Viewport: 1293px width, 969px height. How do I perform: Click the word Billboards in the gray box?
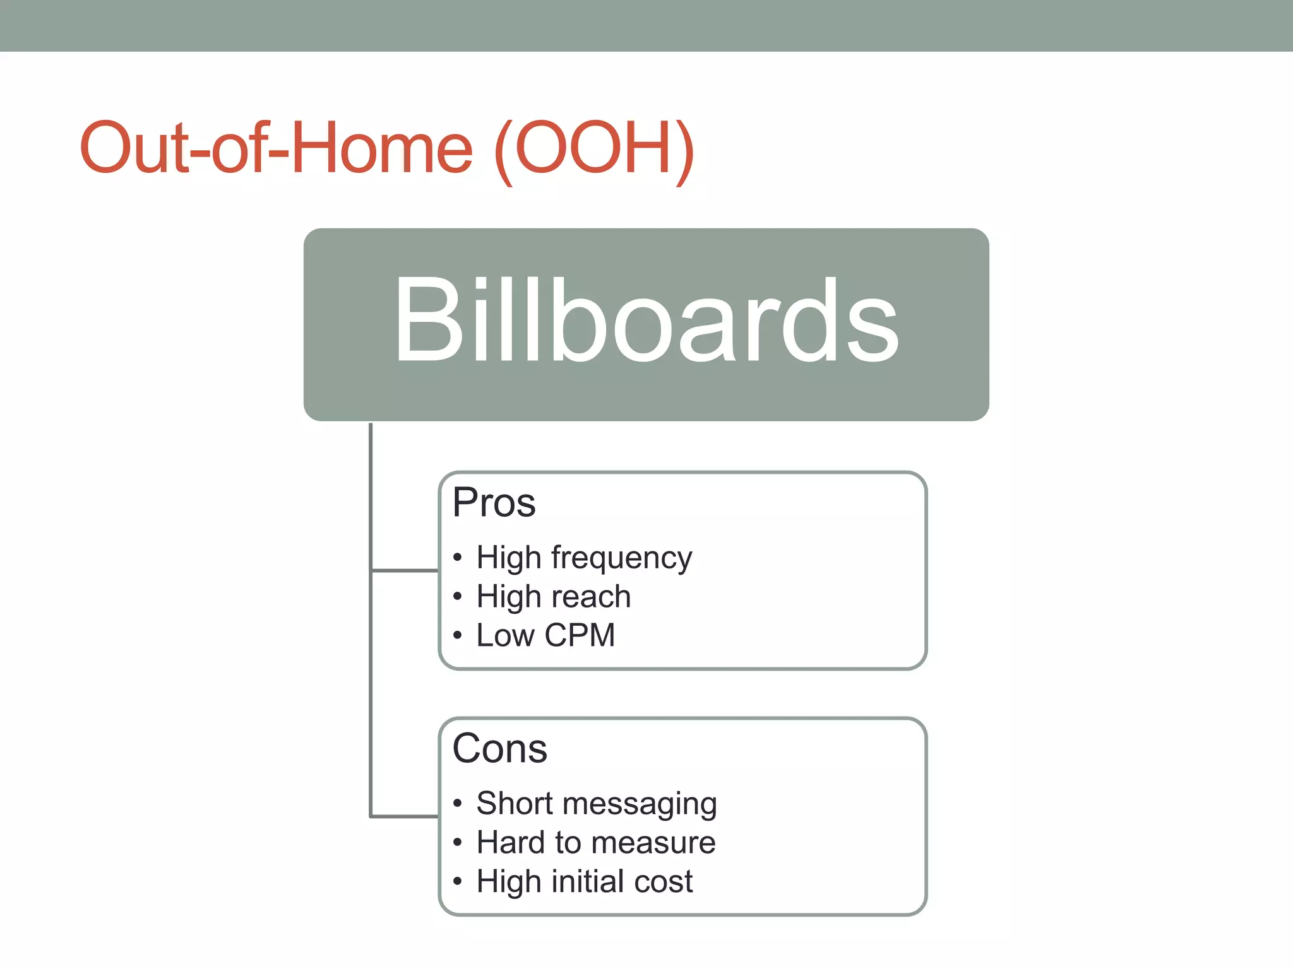click(646, 320)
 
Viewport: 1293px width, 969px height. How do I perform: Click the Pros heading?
click(494, 503)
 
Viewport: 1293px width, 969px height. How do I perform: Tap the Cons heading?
click(499, 749)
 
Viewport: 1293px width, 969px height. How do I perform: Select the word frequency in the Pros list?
click(621, 558)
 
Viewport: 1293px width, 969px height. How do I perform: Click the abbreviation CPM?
click(579, 635)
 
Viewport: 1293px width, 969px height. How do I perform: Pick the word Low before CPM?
click(505, 635)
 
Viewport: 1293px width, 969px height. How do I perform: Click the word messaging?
click(640, 804)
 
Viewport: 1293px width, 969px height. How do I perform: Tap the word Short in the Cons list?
click(515, 804)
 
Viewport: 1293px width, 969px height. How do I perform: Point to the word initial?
click(587, 881)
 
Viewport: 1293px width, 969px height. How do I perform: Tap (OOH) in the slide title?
click(594, 149)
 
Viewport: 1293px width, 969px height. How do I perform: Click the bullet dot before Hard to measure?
click(458, 843)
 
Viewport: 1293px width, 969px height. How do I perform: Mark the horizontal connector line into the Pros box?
click(404, 571)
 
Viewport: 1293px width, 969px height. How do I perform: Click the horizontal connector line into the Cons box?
click(404, 816)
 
